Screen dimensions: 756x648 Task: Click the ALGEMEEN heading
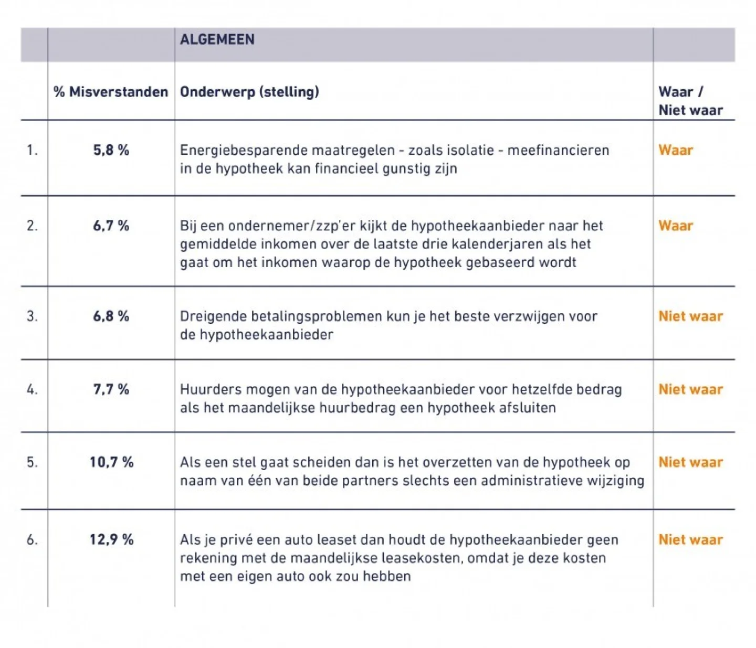pyautogui.click(x=217, y=39)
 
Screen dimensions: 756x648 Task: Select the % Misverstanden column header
pyautogui.click(x=111, y=92)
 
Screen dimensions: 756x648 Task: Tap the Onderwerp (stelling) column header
pyautogui.click(x=249, y=92)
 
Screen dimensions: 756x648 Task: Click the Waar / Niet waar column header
pyautogui.click(x=690, y=101)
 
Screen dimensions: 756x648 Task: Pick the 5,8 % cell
pyautogui.click(x=111, y=150)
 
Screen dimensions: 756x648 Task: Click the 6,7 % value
pyautogui.click(x=111, y=226)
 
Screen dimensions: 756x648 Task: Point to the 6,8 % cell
pyautogui.click(x=111, y=316)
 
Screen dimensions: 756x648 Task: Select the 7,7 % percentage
pyautogui.click(x=111, y=389)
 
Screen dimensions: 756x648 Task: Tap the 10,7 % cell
pyautogui.click(x=111, y=462)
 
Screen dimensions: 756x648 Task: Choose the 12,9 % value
pyautogui.click(x=111, y=539)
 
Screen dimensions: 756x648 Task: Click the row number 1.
pyautogui.click(x=32, y=150)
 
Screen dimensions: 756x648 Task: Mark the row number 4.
pyautogui.click(x=32, y=389)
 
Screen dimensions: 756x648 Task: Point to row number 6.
pyautogui.click(x=32, y=539)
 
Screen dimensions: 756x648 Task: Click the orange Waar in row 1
pyautogui.click(x=676, y=150)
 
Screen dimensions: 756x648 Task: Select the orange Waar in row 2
pyautogui.click(x=676, y=226)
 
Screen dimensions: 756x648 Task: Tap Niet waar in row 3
pyautogui.click(x=690, y=316)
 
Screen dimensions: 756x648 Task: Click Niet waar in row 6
pyautogui.click(x=690, y=539)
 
